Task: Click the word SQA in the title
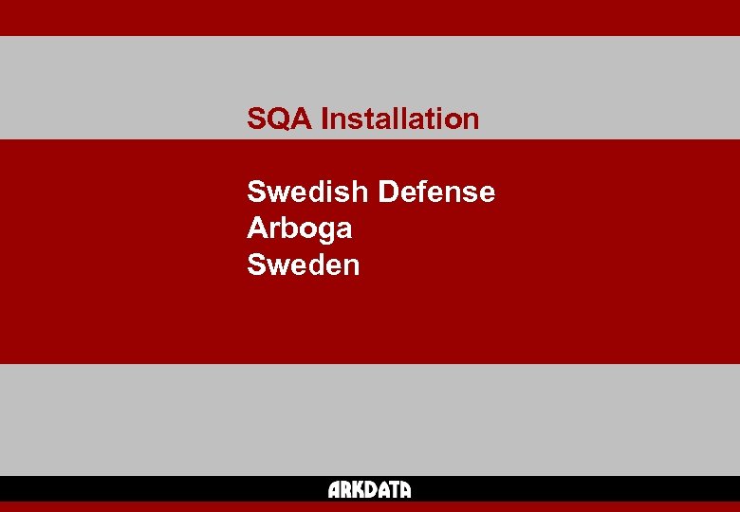280,119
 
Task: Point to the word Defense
436,192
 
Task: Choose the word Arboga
299,229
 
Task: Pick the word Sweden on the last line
303,265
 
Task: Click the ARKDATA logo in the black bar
369,490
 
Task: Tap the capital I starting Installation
324,119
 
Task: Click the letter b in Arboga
285,229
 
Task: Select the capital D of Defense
387,192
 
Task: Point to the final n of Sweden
351,265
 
